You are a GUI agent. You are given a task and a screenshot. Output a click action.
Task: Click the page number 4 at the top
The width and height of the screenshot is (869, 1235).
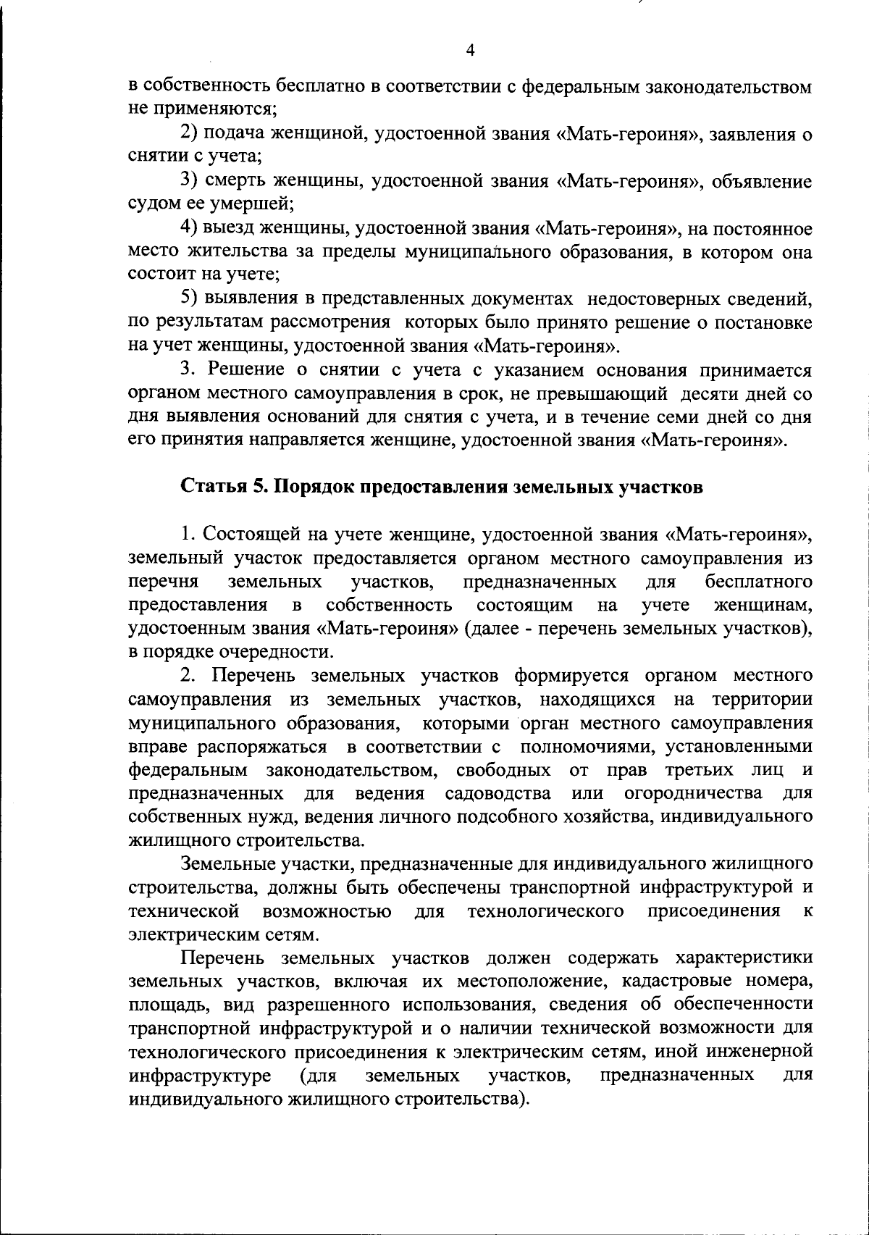tap(470, 50)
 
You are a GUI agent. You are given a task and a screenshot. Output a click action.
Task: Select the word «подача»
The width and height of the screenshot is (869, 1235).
tap(234, 134)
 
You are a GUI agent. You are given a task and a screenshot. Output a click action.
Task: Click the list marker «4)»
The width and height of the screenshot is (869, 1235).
tap(190, 228)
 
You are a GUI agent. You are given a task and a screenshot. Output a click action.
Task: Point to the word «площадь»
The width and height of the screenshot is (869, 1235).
tap(161, 1005)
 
